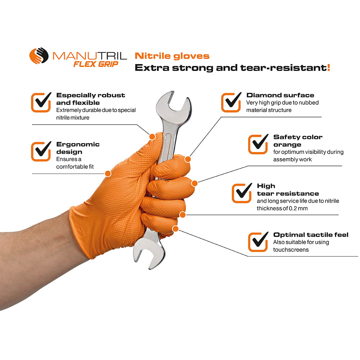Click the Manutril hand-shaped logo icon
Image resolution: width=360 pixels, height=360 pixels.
pos(39,55)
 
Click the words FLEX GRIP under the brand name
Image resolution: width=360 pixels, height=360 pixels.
pos(96,64)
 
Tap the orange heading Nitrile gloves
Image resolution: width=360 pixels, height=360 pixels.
pos(172,56)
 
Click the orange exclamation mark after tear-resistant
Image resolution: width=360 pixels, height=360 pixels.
pos(329,68)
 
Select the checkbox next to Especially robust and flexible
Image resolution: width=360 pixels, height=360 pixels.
pos(41,102)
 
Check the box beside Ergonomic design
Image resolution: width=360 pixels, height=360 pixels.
pos(41,151)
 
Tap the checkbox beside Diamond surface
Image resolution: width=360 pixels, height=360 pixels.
pos(231,102)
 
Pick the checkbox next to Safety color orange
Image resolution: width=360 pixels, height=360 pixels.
pos(258,144)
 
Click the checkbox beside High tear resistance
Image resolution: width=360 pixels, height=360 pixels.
pos(242,193)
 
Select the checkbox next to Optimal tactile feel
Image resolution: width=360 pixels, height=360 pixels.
pos(258,242)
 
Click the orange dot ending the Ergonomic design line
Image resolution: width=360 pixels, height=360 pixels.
pos(108,174)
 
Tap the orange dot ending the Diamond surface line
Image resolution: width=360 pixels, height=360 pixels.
pos(188,159)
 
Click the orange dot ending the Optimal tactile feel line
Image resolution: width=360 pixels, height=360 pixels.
pos(175,229)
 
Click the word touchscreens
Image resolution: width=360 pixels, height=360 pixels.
pos(291,249)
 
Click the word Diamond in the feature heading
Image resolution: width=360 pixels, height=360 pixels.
pos(262,95)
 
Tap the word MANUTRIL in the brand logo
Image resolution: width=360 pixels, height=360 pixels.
pos(90,56)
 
